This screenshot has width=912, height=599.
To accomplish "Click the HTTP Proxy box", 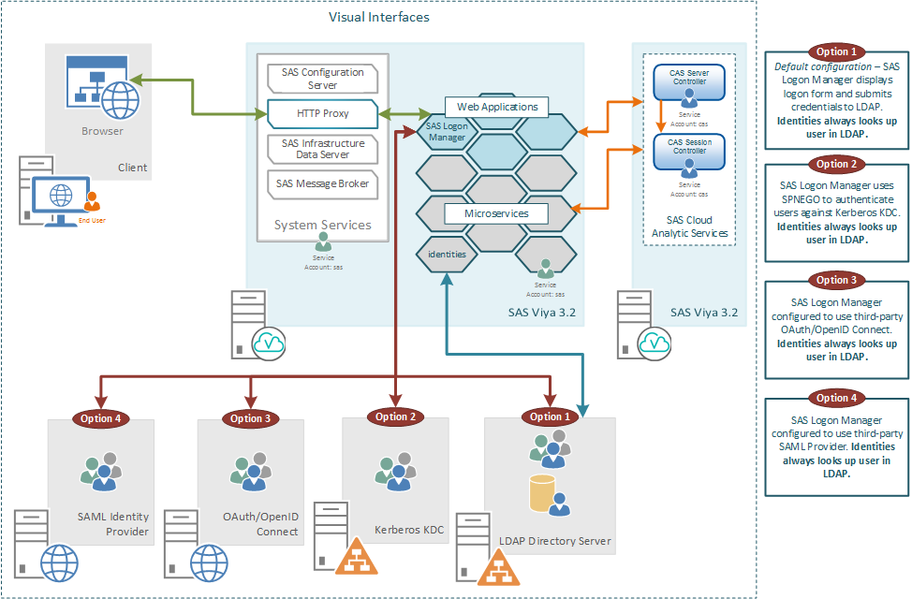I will click(x=322, y=113).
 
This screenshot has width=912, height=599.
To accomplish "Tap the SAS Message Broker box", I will click(x=322, y=183).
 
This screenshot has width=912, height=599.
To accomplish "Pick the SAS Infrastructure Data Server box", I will click(x=322, y=149).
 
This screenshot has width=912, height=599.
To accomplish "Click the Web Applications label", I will click(x=497, y=107).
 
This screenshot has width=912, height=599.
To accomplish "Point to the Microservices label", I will click(x=496, y=213).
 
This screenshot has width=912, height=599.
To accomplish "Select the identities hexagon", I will click(x=447, y=254).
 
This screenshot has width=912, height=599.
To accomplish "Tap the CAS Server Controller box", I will click(x=689, y=77).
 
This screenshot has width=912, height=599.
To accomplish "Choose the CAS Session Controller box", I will click(x=689, y=146).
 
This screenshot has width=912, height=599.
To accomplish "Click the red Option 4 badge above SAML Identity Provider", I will click(x=101, y=418).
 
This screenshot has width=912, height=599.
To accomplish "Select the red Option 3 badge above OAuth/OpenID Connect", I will click(x=250, y=418).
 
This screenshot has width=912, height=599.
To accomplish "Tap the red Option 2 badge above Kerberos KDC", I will click(x=395, y=416).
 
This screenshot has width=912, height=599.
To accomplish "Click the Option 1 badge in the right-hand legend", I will click(x=831, y=51).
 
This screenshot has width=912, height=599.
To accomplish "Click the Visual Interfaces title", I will click(x=378, y=17).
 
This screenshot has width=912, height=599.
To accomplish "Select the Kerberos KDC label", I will click(x=409, y=530).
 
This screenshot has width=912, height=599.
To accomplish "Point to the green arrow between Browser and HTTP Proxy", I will click(x=202, y=99).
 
